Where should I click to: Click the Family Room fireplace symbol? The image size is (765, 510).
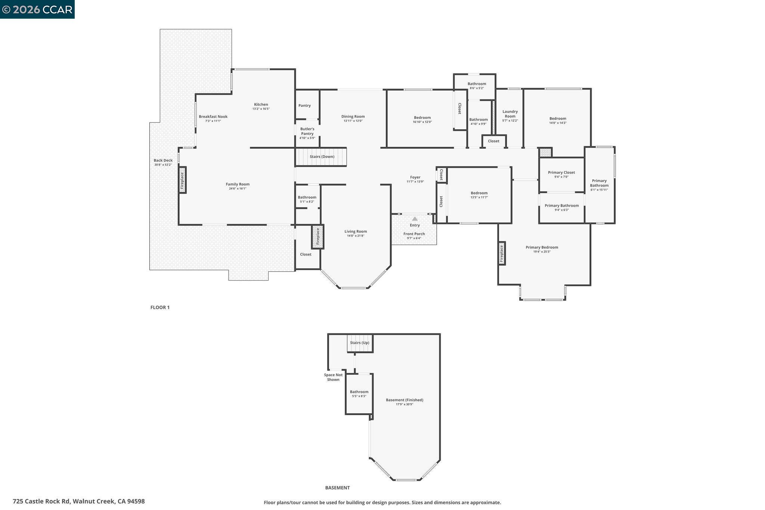pos(182,180)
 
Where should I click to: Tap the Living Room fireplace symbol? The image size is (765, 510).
pos(318,237)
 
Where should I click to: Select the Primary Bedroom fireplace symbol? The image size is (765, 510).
pos(502,254)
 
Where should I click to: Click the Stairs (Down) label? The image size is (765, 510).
pos(322,157)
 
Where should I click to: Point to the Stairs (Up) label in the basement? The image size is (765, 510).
pos(359,343)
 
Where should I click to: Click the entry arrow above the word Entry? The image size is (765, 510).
pos(415,219)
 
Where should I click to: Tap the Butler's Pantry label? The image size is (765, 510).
pos(307,131)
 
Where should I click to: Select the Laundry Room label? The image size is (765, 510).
pos(510,114)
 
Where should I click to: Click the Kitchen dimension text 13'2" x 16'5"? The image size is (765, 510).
pos(261,109)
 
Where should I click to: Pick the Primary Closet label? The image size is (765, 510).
pos(561,173)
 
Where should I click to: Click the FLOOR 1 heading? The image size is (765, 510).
pos(160,307)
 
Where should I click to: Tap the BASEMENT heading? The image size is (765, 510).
pos(337,488)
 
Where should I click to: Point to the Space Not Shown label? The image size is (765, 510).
pos(333,377)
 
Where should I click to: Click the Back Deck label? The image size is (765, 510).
pos(163,160)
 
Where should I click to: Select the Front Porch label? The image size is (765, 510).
pos(414,234)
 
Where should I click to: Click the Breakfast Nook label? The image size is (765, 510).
pos(213,117)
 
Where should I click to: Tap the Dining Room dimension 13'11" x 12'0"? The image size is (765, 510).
pos(353,121)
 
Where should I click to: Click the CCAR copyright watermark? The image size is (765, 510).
pos(37,9)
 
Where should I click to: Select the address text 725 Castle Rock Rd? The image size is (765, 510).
pos(41,501)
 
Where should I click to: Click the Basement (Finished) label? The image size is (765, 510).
pos(404,400)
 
